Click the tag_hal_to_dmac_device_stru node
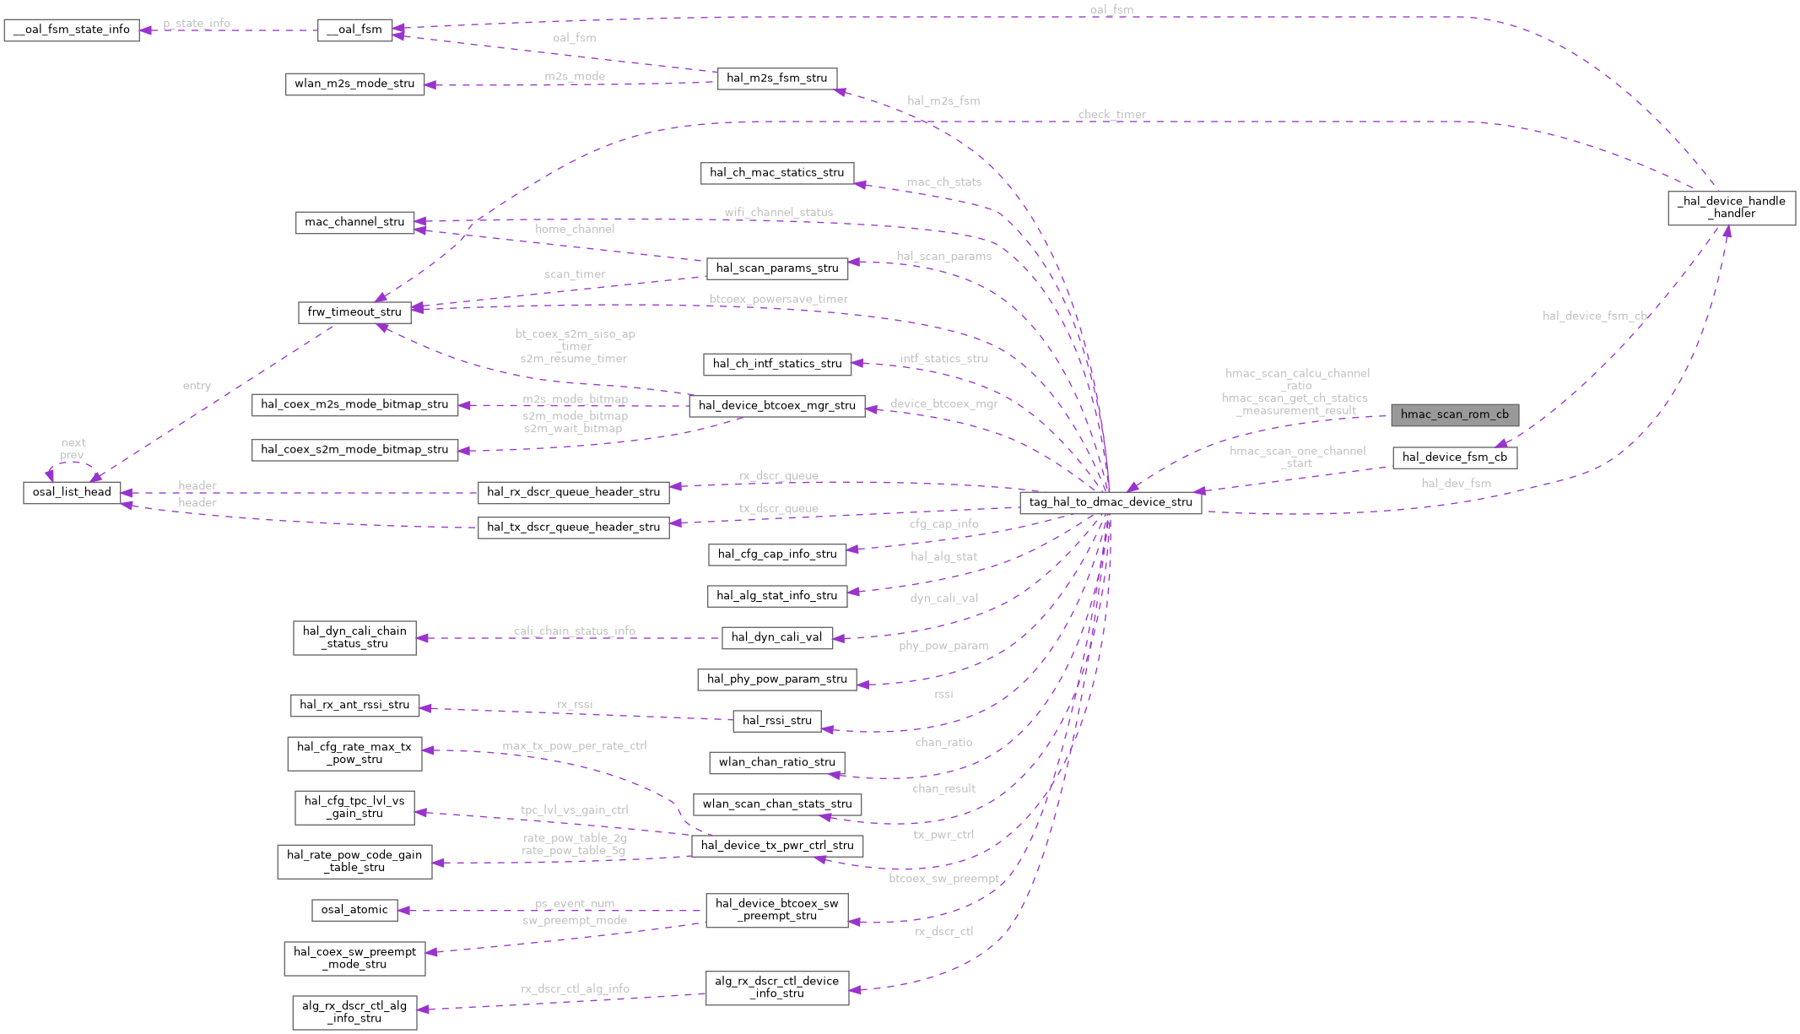(1111, 502)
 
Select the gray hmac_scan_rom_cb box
(1454, 414)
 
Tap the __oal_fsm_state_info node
(72, 30)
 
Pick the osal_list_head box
(72, 492)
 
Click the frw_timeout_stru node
(354, 312)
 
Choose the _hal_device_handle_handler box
(1731, 208)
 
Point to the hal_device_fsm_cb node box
(1454, 457)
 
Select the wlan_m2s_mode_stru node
(354, 84)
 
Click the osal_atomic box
(354, 910)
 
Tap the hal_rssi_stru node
(776, 721)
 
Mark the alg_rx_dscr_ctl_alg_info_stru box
(354, 1012)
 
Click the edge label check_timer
(1111, 115)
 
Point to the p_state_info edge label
(197, 24)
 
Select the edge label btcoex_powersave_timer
(778, 300)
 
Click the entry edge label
(197, 386)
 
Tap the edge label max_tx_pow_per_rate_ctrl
(574, 746)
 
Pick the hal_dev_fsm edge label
(1456, 484)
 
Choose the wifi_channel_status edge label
(778, 213)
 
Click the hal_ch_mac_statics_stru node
(776, 173)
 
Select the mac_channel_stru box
(354, 223)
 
